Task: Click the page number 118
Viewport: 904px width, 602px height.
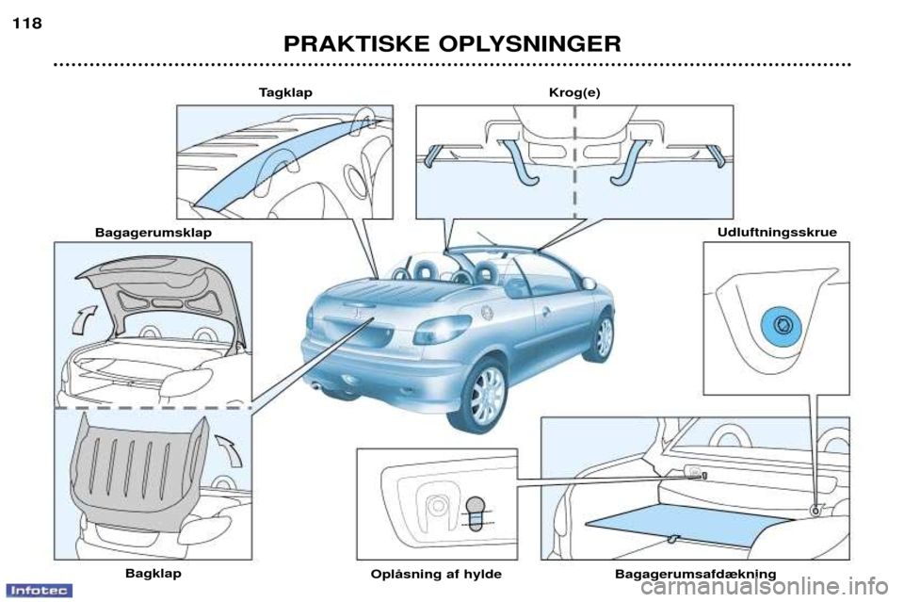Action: [x=27, y=24]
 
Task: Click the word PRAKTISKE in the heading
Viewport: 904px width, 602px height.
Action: [x=356, y=44]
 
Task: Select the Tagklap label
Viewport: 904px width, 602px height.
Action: [x=285, y=93]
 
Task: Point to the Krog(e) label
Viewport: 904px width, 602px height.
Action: [x=574, y=93]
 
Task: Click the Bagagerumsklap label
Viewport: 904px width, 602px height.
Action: [x=153, y=233]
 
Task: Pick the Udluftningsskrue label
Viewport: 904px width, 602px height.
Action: [x=777, y=233]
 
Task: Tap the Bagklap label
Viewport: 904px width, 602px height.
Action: [x=153, y=573]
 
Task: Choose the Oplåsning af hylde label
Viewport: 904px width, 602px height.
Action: [x=436, y=575]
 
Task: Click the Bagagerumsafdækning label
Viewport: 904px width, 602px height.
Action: [x=695, y=575]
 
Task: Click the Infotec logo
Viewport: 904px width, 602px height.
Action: [x=40, y=591]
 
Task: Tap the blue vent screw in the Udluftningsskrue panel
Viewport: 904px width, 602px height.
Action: [x=781, y=326]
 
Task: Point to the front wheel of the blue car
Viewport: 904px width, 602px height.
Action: [x=602, y=337]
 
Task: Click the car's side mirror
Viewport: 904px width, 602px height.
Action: [x=589, y=284]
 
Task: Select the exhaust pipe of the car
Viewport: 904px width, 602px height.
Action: [x=315, y=385]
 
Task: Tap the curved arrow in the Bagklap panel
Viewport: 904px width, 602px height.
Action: [x=230, y=449]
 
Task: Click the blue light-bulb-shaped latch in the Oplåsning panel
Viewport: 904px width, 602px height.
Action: [x=476, y=512]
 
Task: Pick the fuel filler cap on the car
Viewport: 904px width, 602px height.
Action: [x=487, y=312]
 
